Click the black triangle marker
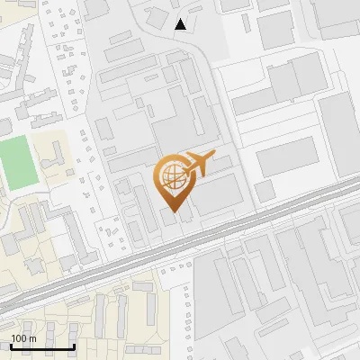(x=181, y=24)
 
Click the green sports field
(x=15, y=163)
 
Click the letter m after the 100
(x=31, y=338)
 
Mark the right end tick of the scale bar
(x=73, y=346)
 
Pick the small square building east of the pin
(x=264, y=191)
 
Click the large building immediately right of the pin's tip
(x=216, y=193)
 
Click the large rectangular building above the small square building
(x=287, y=157)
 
